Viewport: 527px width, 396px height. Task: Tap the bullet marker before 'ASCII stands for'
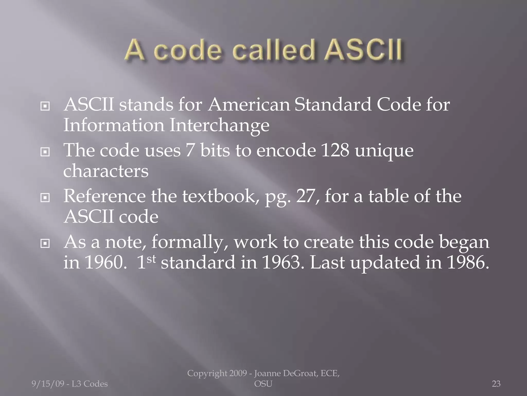click(45, 106)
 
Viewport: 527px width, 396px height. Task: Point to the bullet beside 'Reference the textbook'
click(45, 198)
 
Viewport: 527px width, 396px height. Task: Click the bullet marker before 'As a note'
click(45, 243)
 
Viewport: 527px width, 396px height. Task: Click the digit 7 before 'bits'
click(190, 151)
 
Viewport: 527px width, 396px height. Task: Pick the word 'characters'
click(106, 171)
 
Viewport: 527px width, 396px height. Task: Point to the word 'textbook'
click(221, 196)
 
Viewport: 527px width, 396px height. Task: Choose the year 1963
click(281, 263)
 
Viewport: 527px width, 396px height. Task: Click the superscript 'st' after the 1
click(151, 259)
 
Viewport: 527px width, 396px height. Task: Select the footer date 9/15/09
click(48, 384)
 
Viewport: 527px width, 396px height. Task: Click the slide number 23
click(496, 384)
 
